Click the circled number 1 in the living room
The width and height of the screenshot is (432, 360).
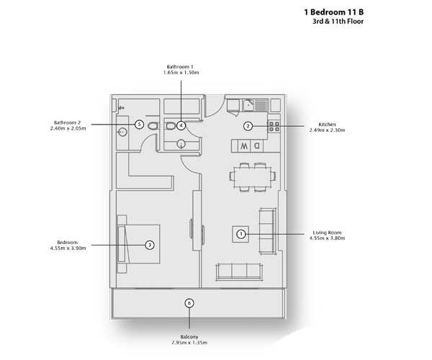(241, 234)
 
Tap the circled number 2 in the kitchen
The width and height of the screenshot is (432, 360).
(248, 126)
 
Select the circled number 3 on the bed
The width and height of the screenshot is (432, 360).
(150, 245)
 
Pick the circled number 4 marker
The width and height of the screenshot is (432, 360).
(181, 125)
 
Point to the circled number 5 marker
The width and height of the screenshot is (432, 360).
(140, 125)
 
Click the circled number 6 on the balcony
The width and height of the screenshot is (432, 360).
(189, 303)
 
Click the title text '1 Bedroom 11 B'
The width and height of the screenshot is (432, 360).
(333, 12)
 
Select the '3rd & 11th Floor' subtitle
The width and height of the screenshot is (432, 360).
(338, 21)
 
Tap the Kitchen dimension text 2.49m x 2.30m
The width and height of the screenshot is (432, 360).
(327, 130)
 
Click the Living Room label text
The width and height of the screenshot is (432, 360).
(327, 233)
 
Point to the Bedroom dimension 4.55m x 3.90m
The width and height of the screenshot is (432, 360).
(68, 248)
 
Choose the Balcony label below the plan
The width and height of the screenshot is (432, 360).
(189, 337)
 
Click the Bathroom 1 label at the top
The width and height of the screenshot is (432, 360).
(180, 67)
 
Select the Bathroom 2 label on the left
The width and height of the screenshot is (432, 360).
(67, 122)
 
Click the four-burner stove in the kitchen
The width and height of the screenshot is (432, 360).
(274, 127)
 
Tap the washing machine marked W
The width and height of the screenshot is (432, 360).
(244, 145)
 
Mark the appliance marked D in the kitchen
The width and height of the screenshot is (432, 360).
(257, 145)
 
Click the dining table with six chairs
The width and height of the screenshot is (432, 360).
(253, 176)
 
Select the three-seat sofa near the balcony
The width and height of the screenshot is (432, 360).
(239, 271)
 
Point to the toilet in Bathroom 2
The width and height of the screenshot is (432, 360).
(153, 126)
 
